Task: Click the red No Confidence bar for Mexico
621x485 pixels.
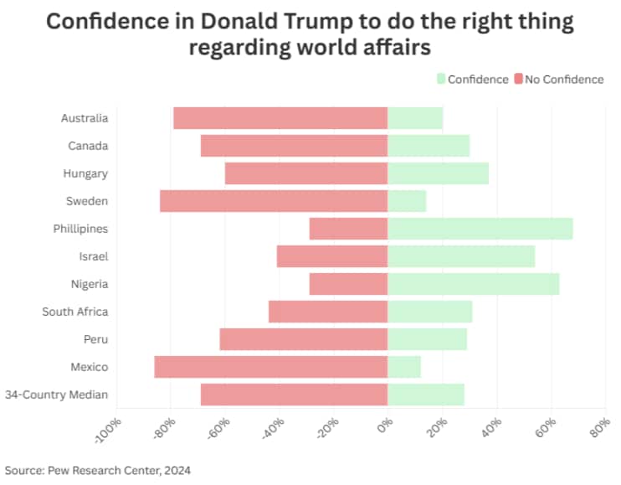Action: [x=271, y=367]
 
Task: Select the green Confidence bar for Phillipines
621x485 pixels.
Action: [x=480, y=229]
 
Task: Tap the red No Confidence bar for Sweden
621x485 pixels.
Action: [x=274, y=201]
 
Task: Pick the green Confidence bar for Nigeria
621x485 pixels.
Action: [x=474, y=284]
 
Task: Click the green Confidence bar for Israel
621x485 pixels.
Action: [x=461, y=256]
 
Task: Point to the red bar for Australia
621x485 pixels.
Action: [x=280, y=118]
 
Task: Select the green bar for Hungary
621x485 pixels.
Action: [x=438, y=173]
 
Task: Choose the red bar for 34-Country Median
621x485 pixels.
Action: [x=294, y=395]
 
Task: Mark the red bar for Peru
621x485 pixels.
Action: [x=304, y=339]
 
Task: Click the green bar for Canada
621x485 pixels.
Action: [x=429, y=146]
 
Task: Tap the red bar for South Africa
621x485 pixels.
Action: [x=328, y=312]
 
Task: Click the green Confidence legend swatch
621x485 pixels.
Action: [x=440, y=80]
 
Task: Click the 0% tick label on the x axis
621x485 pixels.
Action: [x=384, y=427]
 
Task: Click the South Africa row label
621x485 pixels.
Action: [x=75, y=312]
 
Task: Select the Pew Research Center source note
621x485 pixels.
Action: [x=98, y=470]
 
